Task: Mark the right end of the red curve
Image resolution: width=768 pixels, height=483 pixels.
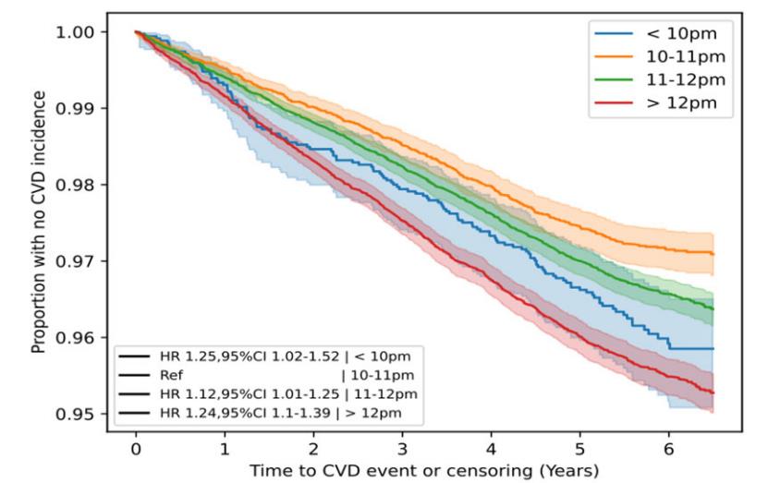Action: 713,393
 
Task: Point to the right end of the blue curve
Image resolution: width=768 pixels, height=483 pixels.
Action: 713,348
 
